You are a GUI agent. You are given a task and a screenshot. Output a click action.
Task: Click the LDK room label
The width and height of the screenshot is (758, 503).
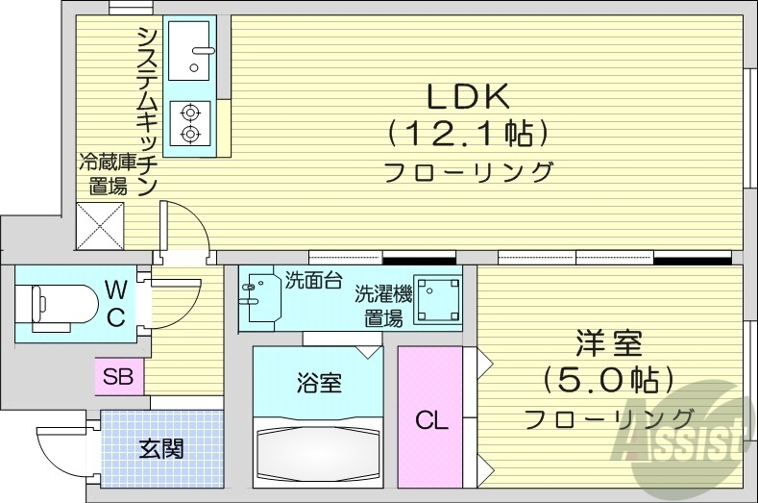point(467,96)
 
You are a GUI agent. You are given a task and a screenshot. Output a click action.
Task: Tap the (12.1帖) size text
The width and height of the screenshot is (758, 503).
point(468,133)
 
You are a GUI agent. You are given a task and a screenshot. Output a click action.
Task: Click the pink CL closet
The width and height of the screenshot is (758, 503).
point(430,420)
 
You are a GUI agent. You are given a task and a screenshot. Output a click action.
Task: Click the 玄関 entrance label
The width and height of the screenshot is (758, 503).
point(160,448)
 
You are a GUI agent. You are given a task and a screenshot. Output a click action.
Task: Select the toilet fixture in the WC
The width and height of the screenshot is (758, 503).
point(58,305)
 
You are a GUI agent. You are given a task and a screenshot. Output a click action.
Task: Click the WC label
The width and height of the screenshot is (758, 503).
point(115,304)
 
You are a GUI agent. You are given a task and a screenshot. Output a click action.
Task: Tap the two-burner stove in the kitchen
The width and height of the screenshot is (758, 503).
point(190,122)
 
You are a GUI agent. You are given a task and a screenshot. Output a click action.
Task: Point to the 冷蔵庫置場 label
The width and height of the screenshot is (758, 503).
point(103,173)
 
